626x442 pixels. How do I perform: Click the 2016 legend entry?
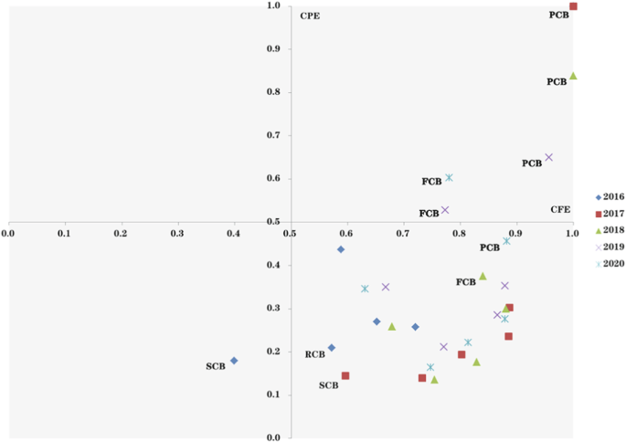(x=609, y=197)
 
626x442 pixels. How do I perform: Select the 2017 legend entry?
(x=609, y=214)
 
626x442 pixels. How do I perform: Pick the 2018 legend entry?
(x=609, y=230)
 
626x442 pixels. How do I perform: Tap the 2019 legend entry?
(x=609, y=247)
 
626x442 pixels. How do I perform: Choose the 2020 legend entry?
(x=609, y=263)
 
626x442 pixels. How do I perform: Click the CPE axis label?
(x=310, y=16)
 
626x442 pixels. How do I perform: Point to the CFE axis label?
(x=560, y=209)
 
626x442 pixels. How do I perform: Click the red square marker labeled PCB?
(x=573, y=6)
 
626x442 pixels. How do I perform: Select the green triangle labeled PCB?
(x=573, y=76)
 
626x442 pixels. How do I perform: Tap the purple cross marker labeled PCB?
(x=548, y=157)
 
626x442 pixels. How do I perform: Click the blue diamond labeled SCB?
(x=234, y=361)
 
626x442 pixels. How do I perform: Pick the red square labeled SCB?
(x=345, y=375)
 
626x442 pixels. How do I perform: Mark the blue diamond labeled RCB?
(x=332, y=348)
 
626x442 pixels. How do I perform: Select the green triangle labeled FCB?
(x=483, y=276)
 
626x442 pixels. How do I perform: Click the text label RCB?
(x=314, y=354)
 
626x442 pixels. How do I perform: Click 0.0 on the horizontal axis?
(x=8, y=234)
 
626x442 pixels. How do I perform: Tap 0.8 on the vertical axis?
(x=273, y=92)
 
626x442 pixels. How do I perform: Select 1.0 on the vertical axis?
(x=273, y=6)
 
